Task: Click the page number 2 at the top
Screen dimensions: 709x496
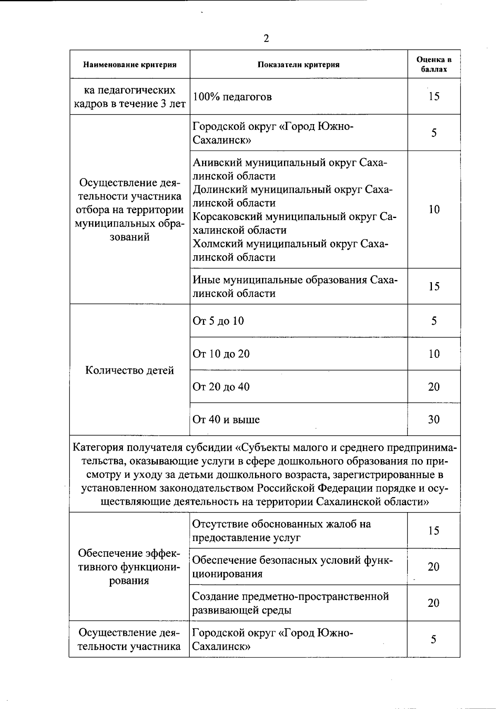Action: pyautogui.click(x=266, y=38)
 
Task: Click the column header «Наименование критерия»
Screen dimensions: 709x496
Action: pyautogui.click(x=130, y=65)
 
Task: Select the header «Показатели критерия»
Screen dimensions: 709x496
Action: pyautogui.click(x=298, y=65)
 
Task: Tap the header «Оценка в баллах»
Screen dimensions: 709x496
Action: pyautogui.click(x=434, y=65)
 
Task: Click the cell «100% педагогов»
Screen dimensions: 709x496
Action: pyautogui.click(x=232, y=97)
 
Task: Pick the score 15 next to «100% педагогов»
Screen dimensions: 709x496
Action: pyautogui.click(x=434, y=96)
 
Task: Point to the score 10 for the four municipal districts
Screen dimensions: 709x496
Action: pyautogui.click(x=434, y=209)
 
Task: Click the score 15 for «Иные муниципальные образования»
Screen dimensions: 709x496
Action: pyautogui.click(x=434, y=286)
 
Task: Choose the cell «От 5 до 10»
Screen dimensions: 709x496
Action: pyautogui.click(x=218, y=321)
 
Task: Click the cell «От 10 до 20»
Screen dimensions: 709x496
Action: pyautogui.click(x=221, y=354)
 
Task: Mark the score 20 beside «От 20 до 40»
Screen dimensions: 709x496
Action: pyautogui.click(x=434, y=387)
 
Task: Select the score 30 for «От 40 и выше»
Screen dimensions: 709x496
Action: pyautogui.click(x=434, y=419)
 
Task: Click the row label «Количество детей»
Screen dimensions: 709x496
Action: pyautogui.click(x=129, y=370)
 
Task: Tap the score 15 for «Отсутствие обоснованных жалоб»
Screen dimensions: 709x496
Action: pyautogui.click(x=433, y=531)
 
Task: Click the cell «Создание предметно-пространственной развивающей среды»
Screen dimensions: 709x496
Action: pyautogui.click(x=291, y=603)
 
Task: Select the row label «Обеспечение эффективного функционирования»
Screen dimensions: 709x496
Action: pyautogui.click(x=129, y=567)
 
